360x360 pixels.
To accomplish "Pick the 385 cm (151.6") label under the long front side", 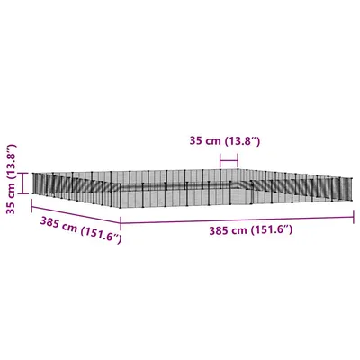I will (x=251, y=230).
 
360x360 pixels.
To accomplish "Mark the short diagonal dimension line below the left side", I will (x=76, y=220).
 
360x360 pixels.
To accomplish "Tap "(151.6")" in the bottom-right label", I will (x=273, y=230).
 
